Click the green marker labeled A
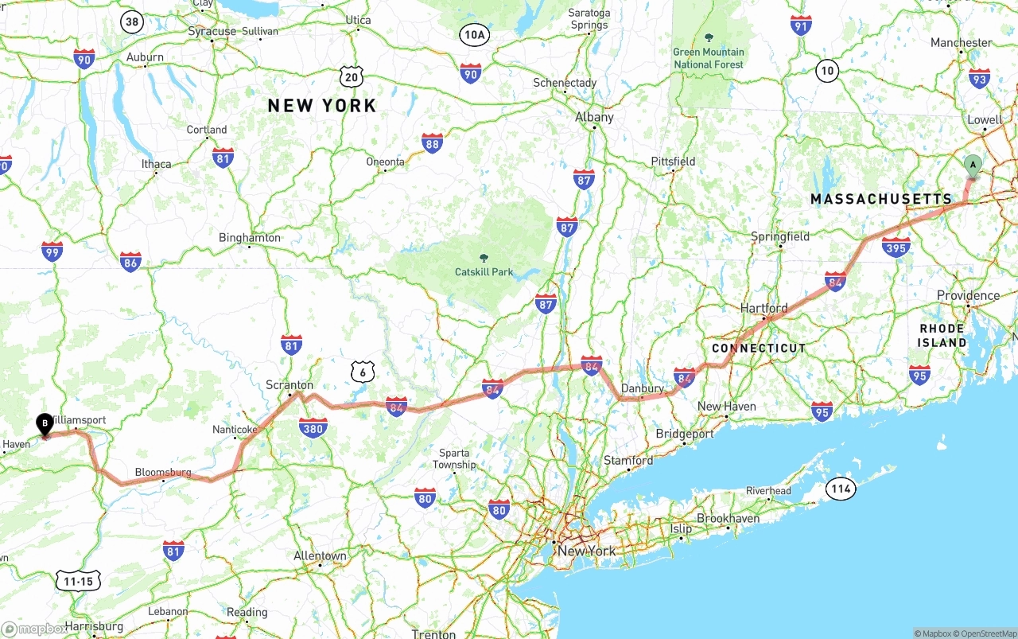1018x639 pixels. point(972,166)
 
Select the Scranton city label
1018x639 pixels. point(289,385)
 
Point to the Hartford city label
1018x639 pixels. point(763,308)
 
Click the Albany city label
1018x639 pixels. point(594,117)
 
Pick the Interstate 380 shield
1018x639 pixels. point(313,428)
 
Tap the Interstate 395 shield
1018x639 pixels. point(896,247)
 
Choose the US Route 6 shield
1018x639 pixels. point(362,372)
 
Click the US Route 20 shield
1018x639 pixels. point(352,76)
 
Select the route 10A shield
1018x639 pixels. point(474,34)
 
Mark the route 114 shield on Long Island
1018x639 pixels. point(840,489)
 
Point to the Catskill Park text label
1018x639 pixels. point(484,271)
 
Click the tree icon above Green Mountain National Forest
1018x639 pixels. point(709,37)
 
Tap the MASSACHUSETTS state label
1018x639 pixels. point(880,199)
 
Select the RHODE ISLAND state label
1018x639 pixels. point(942,335)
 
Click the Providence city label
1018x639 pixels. point(968,295)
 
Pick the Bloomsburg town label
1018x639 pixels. point(162,472)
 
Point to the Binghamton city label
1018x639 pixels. point(250,237)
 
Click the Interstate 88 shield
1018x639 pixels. point(432,143)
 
